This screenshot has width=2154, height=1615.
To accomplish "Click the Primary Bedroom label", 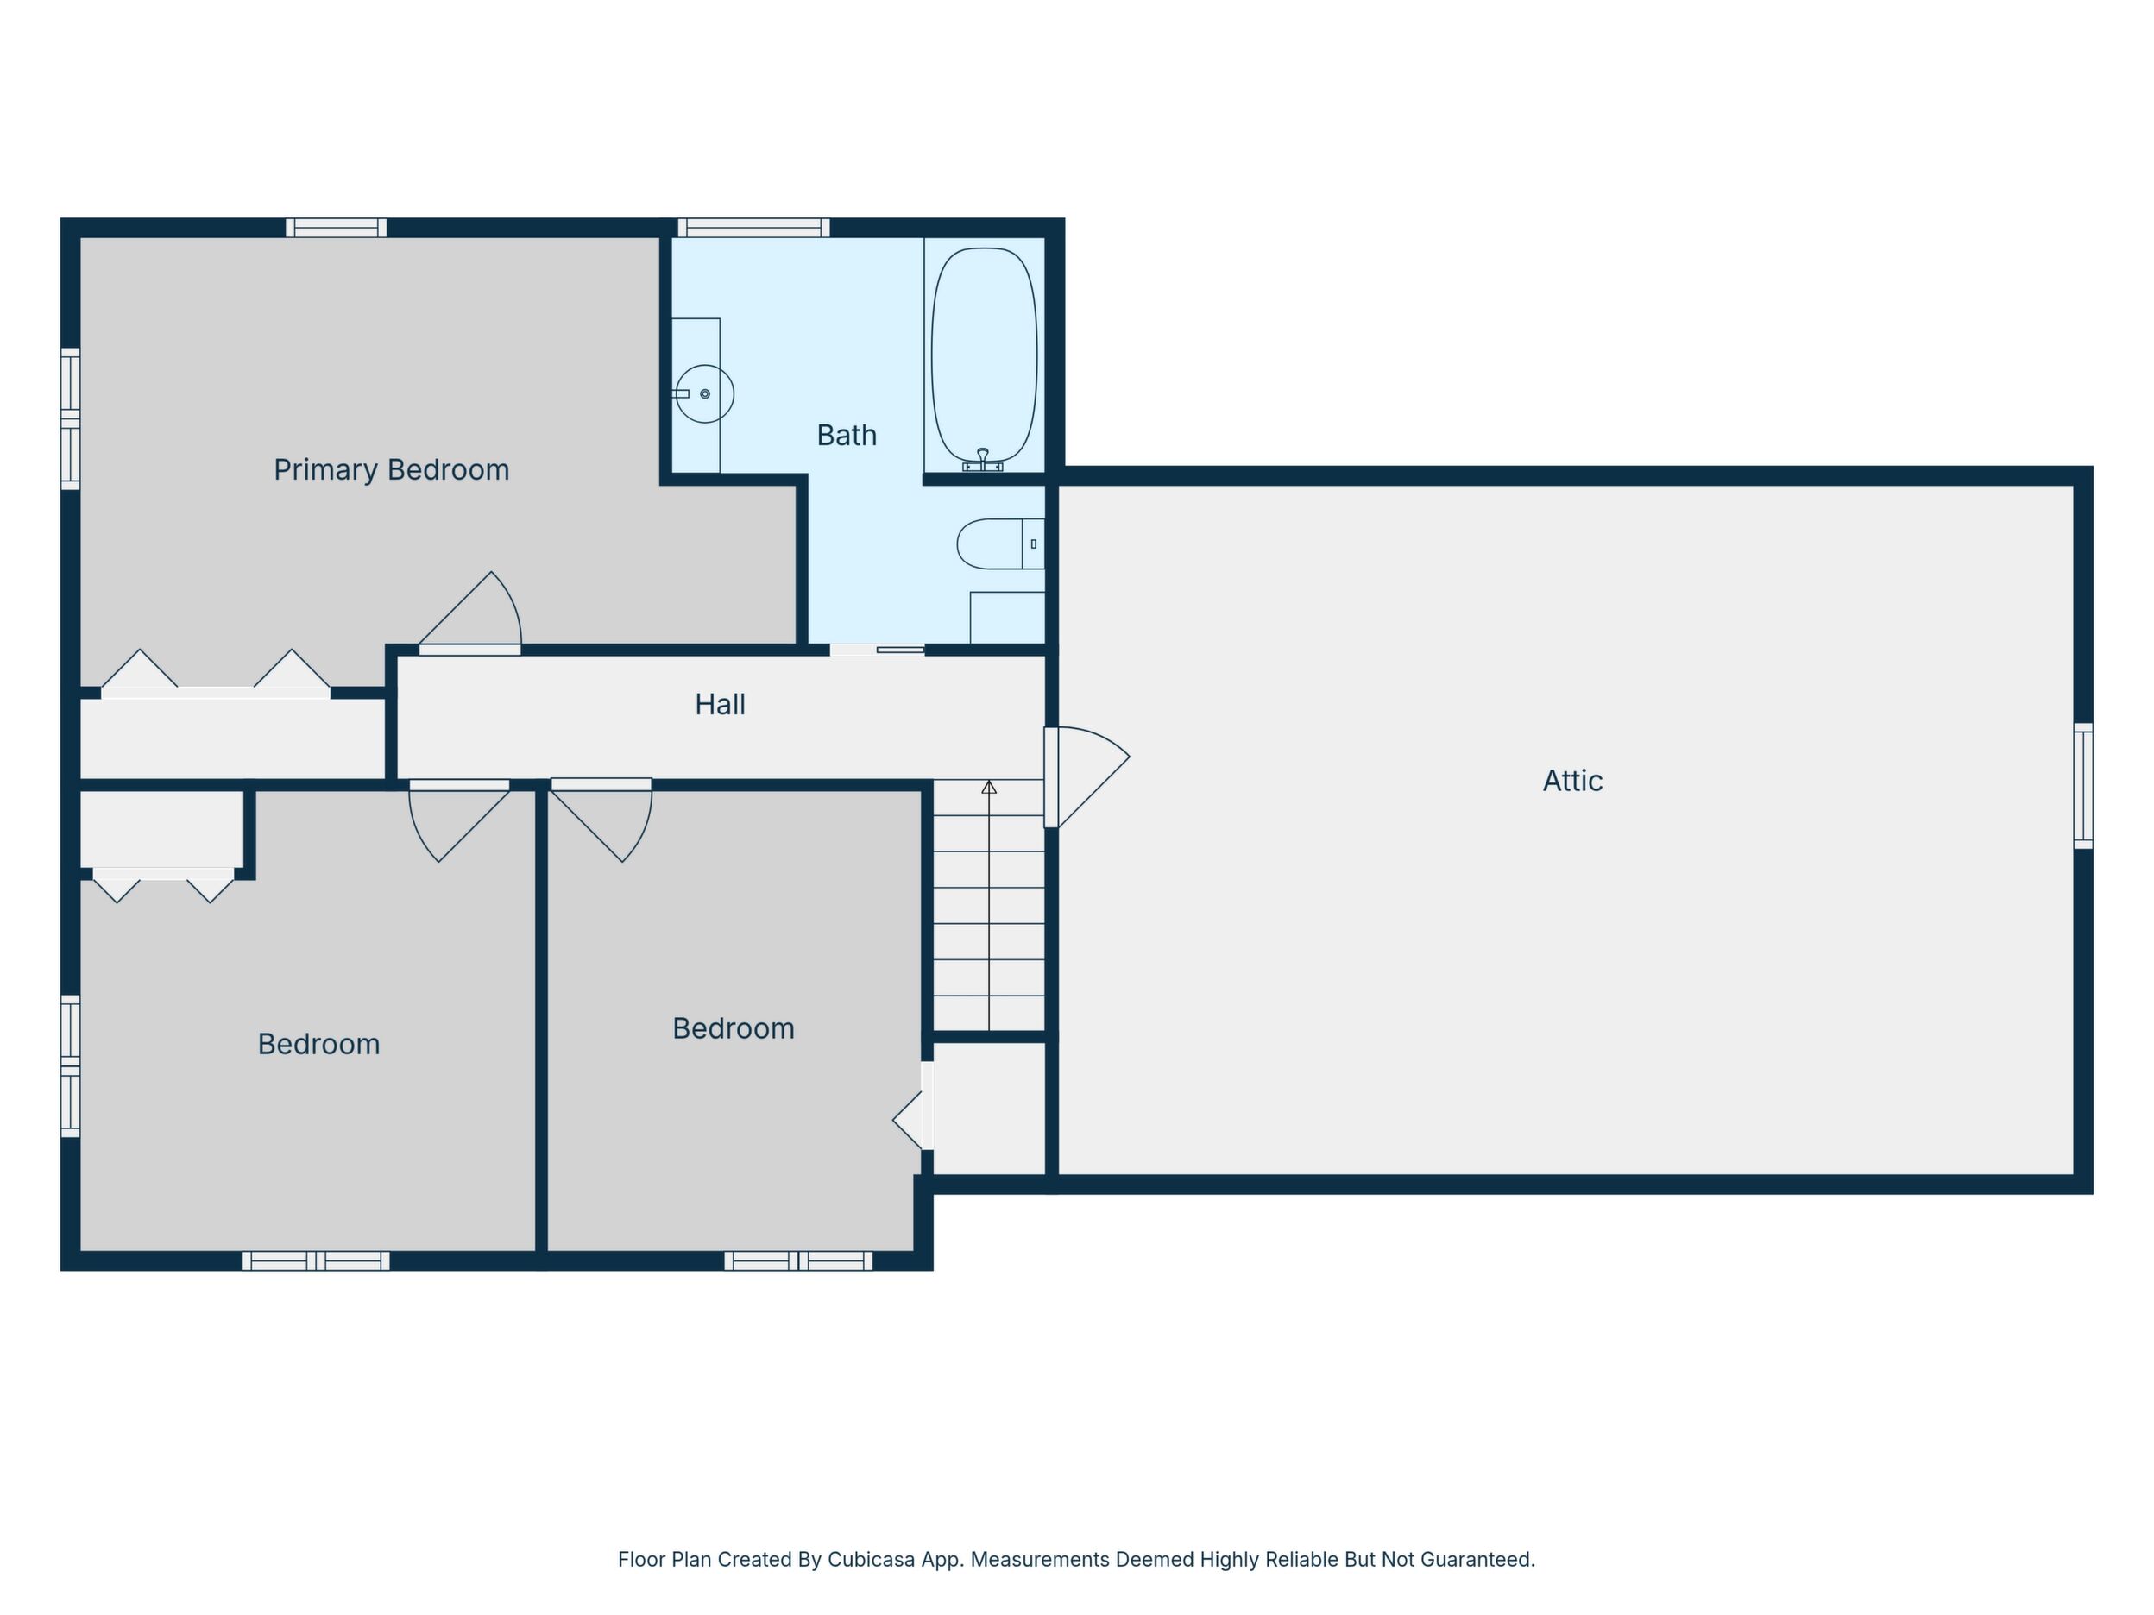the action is point(392,470).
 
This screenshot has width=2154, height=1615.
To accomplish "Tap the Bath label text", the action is point(847,435).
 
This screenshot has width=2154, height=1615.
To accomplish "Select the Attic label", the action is point(1572,781).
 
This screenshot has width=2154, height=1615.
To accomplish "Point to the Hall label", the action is point(720,704).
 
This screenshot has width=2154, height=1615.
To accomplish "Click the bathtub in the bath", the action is point(984,355).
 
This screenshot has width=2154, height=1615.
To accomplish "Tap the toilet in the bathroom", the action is point(1000,544).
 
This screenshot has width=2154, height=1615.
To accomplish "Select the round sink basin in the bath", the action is point(704,393).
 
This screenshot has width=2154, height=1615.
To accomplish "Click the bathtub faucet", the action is point(983,461).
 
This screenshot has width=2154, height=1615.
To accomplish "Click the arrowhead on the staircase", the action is point(989,787).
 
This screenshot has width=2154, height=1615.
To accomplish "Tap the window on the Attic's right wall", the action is point(2083,786).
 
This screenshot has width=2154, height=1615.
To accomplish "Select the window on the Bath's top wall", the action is point(753,228).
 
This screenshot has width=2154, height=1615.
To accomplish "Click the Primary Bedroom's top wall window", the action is point(336,228).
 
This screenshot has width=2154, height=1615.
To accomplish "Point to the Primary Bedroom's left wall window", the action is point(70,418).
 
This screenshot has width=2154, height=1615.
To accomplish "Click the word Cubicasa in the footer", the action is point(872,1560).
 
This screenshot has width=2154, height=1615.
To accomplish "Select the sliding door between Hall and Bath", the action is point(878,650).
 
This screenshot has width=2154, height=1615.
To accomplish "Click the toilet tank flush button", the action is point(1033,544).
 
